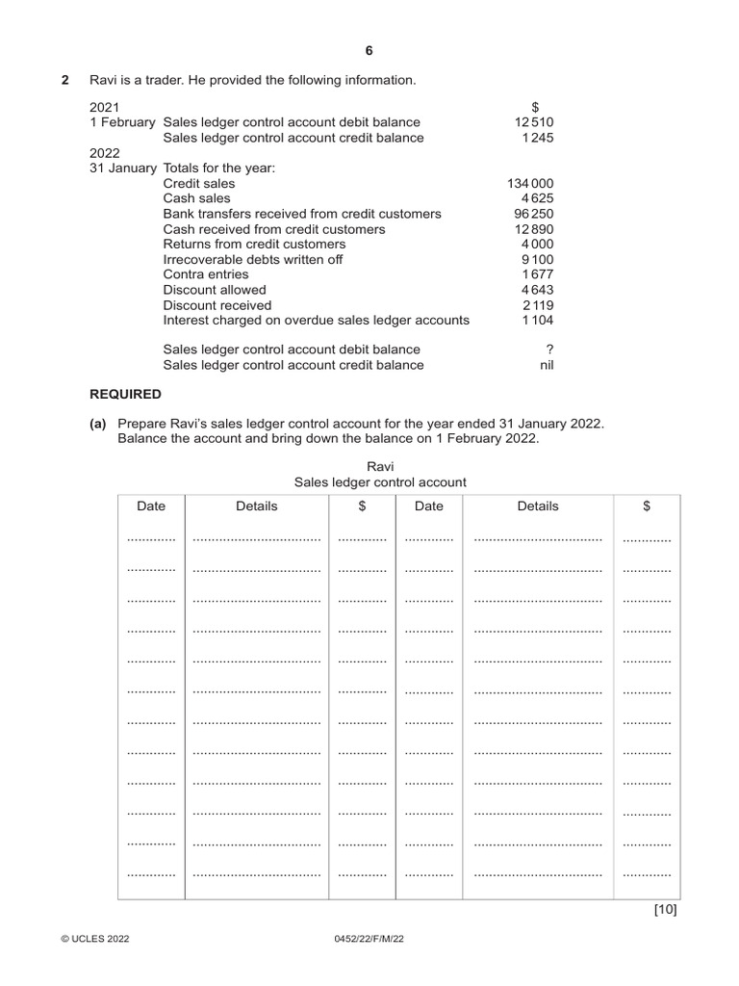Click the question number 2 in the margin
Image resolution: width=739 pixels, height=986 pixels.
(x=65, y=80)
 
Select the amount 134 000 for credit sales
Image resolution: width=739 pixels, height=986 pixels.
(x=530, y=183)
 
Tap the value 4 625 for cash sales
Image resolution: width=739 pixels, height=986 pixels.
(x=538, y=198)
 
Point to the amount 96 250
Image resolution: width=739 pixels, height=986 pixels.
(x=534, y=214)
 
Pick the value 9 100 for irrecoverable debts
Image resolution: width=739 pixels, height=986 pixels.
(x=538, y=259)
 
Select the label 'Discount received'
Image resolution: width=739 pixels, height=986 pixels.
(x=217, y=305)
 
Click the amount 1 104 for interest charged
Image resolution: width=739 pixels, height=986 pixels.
(x=538, y=320)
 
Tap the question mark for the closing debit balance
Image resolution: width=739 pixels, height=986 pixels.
(x=549, y=350)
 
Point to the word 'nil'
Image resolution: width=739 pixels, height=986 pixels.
(x=547, y=365)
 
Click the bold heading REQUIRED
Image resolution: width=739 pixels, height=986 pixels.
(x=125, y=394)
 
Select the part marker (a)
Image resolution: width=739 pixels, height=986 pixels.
(x=98, y=424)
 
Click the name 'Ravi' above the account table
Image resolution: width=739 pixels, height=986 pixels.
(x=381, y=467)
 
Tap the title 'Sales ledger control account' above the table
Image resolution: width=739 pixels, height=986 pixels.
(x=381, y=482)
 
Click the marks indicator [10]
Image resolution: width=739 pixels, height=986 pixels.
(x=665, y=909)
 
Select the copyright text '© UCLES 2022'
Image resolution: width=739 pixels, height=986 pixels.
(x=94, y=939)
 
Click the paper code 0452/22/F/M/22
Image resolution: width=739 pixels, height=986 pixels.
(x=369, y=939)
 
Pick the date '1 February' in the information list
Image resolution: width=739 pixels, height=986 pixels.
(x=122, y=122)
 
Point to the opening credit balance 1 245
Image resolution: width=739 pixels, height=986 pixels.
(x=538, y=138)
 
